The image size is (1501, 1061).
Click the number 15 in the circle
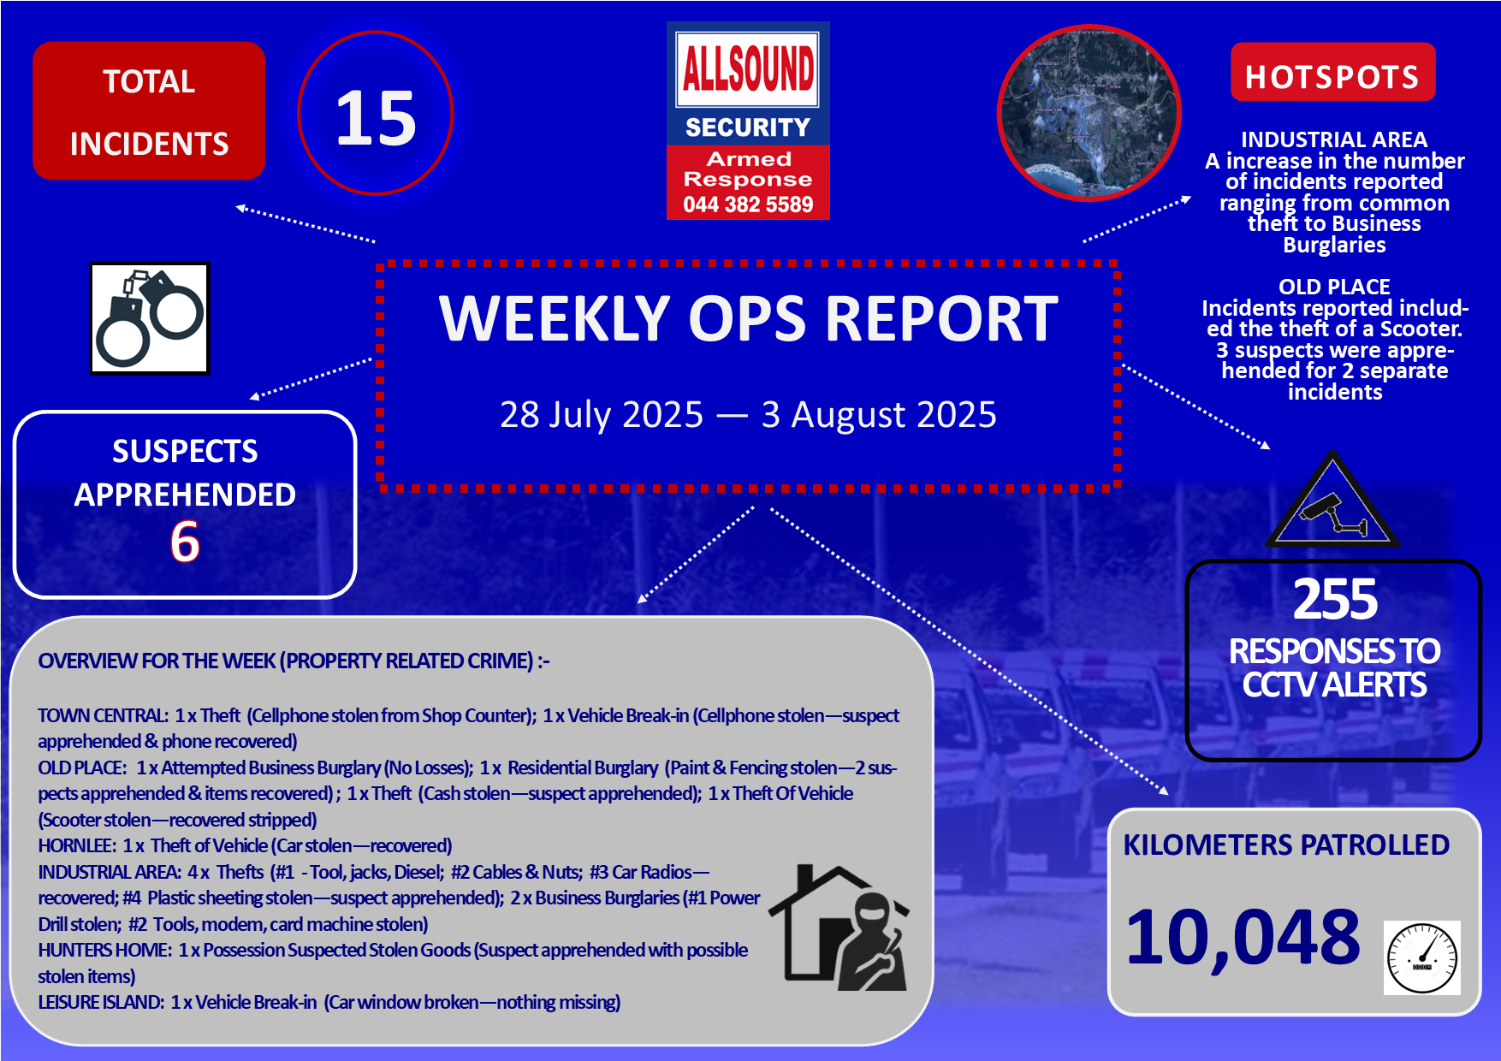(x=376, y=118)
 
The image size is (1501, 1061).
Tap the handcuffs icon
(x=150, y=318)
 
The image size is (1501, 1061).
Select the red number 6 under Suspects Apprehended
(x=185, y=541)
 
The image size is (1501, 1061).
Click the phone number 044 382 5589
(x=748, y=204)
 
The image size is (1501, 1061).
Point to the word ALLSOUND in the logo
(x=748, y=68)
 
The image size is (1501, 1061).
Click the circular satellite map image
(x=1089, y=112)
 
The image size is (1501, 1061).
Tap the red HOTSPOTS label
(x=1332, y=77)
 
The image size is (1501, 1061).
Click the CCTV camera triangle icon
(x=1332, y=500)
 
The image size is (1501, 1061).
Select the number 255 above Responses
(x=1335, y=599)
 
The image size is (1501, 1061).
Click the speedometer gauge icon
(x=1422, y=957)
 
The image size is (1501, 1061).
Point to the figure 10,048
(x=1243, y=938)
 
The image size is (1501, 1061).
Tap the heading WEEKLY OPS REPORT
(x=749, y=318)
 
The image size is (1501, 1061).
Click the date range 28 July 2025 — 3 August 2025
(x=748, y=414)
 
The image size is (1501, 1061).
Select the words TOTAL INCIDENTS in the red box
(x=149, y=112)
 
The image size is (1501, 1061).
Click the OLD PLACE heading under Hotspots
(x=1334, y=287)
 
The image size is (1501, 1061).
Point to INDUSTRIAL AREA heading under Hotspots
(x=1334, y=139)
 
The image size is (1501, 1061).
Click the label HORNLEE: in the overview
(x=77, y=845)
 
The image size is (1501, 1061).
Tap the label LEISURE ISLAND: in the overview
(x=101, y=1002)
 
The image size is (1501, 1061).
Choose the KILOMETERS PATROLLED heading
(x=1286, y=845)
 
